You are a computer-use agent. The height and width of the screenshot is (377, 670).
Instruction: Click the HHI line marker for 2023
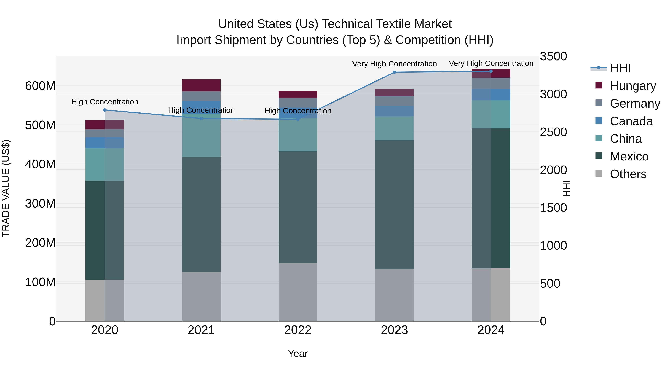tap(394, 72)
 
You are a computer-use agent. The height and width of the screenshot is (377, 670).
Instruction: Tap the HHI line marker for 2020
tap(105, 110)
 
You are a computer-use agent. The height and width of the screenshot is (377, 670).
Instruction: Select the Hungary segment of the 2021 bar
tap(201, 85)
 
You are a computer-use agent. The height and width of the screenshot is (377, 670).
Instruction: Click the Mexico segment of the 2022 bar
tap(298, 207)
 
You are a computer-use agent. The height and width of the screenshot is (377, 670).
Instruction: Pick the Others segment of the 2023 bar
tap(394, 295)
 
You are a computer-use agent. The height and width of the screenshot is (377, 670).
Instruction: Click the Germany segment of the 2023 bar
tap(394, 101)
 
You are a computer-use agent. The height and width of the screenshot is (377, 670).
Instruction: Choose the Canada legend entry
tap(631, 121)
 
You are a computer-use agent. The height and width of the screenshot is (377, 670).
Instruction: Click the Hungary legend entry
tap(633, 86)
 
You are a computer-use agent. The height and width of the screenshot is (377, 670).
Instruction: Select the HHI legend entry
tap(620, 68)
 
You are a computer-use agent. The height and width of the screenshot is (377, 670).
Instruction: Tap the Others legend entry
tap(628, 174)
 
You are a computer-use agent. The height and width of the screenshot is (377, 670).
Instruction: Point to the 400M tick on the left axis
tap(40, 164)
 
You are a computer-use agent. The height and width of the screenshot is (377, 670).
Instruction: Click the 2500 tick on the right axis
tap(553, 132)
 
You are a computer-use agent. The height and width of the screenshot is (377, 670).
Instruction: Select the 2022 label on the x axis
tap(298, 330)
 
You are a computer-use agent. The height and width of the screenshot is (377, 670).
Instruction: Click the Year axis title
tap(298, 354)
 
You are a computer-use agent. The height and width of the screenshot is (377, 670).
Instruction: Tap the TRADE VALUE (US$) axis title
tap(6, 188)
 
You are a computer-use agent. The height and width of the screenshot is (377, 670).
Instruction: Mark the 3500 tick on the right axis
tap(553, 56)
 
